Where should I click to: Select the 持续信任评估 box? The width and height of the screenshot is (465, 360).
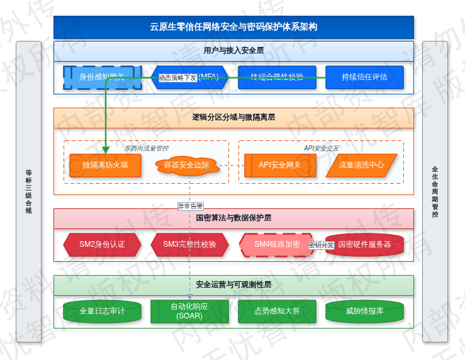tap(364, 77)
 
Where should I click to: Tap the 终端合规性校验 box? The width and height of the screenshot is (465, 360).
tap(277, 77)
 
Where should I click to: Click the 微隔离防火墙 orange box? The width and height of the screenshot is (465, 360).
tap(105, 165)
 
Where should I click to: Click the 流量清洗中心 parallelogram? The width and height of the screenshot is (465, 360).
tap(361, 165)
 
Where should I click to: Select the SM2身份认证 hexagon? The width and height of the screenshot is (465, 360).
tap(103, 244)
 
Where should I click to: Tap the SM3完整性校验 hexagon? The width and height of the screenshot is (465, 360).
tap(189, 244)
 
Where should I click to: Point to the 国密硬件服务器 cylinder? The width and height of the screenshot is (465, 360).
tap(364, 244)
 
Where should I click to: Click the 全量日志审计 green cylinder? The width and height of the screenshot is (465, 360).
tap(103, 311)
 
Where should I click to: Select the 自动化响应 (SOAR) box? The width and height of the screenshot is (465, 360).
tap(189, 311)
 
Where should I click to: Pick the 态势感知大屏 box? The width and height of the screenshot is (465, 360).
tap(277, 311)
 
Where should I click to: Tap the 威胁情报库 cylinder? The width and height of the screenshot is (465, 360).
tap(364, 311)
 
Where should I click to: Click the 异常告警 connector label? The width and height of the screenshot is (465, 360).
tap(190, 206)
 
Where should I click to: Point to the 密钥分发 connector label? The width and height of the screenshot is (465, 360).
tap(321, 245)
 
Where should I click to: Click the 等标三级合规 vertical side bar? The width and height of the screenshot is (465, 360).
tap(28, 191)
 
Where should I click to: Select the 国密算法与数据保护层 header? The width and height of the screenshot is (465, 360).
tap(233, 218)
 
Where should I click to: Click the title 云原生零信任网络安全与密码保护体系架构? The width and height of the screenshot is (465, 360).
tap(233, 27)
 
